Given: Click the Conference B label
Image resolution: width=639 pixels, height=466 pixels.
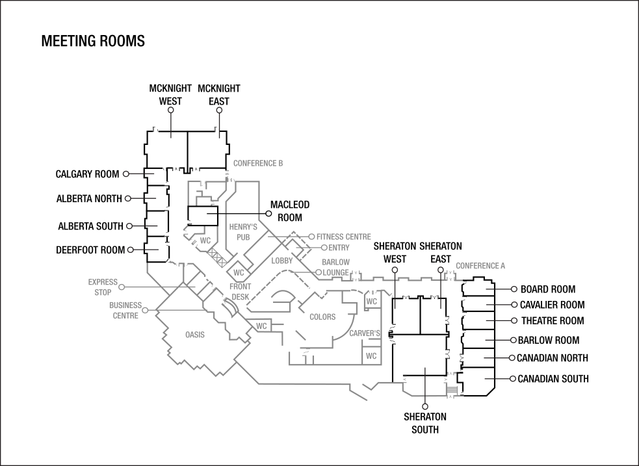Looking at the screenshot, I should click(x=257, y=164).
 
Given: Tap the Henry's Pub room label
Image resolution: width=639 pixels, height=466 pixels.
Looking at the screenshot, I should click(x=243, y=232).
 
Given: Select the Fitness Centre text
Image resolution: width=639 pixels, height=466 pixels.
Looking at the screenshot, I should click(x=344, y=237).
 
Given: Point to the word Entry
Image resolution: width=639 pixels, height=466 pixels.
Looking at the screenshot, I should click(x=339, y=248).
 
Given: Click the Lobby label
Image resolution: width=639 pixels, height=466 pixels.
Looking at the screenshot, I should click(x=283, y=261).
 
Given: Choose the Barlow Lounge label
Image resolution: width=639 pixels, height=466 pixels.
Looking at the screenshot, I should click(x=335, y=267).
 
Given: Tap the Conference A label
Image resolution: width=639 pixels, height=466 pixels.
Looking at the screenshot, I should click(x=480, y=266).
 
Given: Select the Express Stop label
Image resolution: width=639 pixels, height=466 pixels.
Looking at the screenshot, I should click(x=103, y=287).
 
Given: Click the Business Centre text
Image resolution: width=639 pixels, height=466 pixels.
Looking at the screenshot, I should click(x=125, y=310).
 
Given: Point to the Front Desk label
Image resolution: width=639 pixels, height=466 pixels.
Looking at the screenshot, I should click(x=241, y=292).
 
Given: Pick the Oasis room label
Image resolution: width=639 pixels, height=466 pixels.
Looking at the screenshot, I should click(x=195, y=335).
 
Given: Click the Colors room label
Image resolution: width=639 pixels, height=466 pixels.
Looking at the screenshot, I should click(x=322, y=317).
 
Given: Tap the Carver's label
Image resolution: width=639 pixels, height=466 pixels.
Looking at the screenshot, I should click(x=365, y=333).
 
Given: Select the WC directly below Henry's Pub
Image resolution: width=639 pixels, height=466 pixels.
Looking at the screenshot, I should click(x=239, y=272).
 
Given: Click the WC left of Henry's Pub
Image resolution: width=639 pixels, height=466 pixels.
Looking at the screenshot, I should click(x=205, y=241).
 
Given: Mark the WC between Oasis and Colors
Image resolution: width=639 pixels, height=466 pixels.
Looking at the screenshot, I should click(x=261, y=326).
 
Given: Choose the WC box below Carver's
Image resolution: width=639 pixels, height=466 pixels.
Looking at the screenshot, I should click(x=371, y=356).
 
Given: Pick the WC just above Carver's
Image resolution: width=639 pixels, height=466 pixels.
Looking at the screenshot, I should click(x=371, y=302).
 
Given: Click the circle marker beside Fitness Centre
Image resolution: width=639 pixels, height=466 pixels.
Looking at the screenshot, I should click(x=311, y=237).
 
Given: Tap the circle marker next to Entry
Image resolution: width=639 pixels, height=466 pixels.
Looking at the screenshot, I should click(x=324, y=248).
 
